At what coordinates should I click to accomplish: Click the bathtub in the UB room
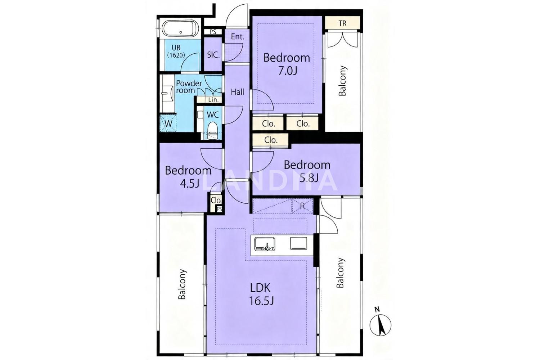pos(180,28)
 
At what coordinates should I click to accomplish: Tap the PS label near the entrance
pos(213,32)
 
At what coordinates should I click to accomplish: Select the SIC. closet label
pos(213,55)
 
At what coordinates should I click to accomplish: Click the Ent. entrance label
pos(238,37)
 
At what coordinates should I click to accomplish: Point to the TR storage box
pos(342,23)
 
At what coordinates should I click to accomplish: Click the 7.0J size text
pos(287,71)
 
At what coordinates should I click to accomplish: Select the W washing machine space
pos(168,123)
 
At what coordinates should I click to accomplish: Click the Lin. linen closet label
pos(213,100)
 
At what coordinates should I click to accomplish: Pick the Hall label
pos(238,92)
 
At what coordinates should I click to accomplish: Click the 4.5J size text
pos(189,184)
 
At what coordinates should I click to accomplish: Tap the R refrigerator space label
pos(302,206)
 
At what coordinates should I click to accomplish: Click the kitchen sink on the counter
pos(265,243)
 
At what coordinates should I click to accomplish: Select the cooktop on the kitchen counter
pos(299,243)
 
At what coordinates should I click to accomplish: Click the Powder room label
pos(189,87)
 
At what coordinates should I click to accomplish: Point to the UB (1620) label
pos(176,51)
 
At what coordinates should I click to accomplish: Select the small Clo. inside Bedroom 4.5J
pos(216,201)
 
